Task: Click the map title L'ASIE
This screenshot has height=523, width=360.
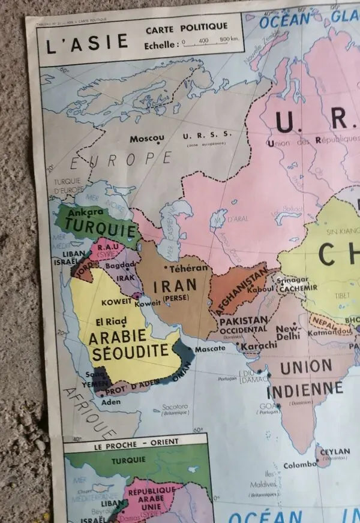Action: click(88, 43)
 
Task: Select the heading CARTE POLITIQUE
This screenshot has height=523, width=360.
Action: click(186, 26)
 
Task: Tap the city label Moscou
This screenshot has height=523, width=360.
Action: click(147, 138)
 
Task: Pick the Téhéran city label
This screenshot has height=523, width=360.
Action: click(189, 268)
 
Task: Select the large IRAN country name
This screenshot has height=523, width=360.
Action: click(175, 287)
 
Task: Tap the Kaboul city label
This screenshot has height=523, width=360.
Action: click(260, 288)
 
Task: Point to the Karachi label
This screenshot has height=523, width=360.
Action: click(259, 345)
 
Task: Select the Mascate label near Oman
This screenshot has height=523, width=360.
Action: click(210, 348)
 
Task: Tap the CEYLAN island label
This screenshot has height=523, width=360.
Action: click(335, 452)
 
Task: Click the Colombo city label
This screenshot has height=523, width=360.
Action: click(299, 464)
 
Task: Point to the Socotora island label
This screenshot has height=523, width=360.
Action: click(175, 407)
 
